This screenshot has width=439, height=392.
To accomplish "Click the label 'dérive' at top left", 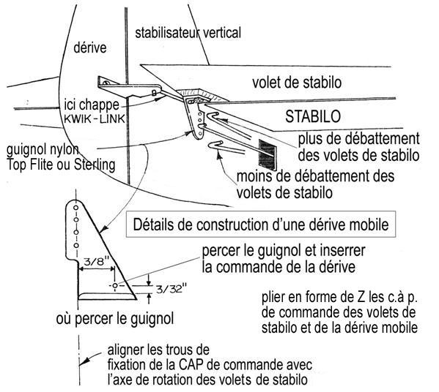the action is pyautogui.click(x=90, y=48).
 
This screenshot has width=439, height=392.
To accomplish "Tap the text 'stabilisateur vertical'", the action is pyautogui.click(x=188, y=33).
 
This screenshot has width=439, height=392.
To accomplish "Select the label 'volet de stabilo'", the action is pyautogui.click(x=297, y=83).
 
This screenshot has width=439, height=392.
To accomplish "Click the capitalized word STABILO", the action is pyautogui.click(x=313, y=116).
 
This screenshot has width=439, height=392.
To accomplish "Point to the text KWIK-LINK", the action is pyautogui.click(x=95, y=119).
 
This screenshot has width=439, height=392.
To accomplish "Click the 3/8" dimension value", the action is pyautogui.click(x=96, y=263).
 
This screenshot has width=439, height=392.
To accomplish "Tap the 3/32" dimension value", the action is pyautogui.click(x=171, y=288).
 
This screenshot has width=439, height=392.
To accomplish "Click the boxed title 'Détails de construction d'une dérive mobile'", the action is pyautogui.click(x=261, y=225).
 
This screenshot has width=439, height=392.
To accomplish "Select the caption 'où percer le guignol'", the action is pyautogui.click(x=115, y=319).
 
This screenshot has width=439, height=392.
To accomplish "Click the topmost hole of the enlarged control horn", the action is pyautogui.click(x=75, y=208).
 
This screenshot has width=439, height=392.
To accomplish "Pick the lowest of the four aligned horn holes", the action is pyautogui.click(x=76, y=245).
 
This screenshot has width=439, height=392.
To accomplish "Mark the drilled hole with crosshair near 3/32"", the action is pyautogui.click(x=115, y=285).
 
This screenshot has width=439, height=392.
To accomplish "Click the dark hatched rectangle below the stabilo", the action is pyautogui.click(x=267, y=155).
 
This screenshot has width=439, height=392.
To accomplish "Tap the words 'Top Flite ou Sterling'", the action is pyautogui.click(x=61, y=165).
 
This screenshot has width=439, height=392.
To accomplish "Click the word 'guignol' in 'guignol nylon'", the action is pyautogui.click(x=26, y=150).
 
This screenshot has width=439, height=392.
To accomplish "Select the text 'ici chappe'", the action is pyautogui.click(x=92, y=105).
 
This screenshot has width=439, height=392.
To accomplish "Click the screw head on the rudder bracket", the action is pyautogui.click(x=106, y=83).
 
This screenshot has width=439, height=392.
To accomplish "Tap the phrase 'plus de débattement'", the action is pyautogui.click(x=358, y=139).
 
